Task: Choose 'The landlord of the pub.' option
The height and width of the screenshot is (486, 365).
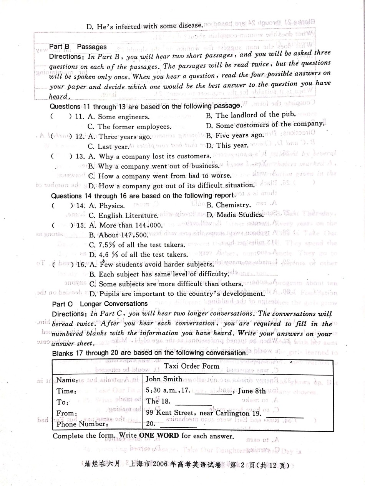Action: point(251,114)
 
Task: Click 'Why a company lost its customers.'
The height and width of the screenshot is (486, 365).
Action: point(149,157)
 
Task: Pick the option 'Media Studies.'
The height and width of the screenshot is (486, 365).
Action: point(234,214)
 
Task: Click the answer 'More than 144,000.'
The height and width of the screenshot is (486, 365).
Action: point(125,225)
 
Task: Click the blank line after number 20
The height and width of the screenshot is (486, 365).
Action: point(173,424)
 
